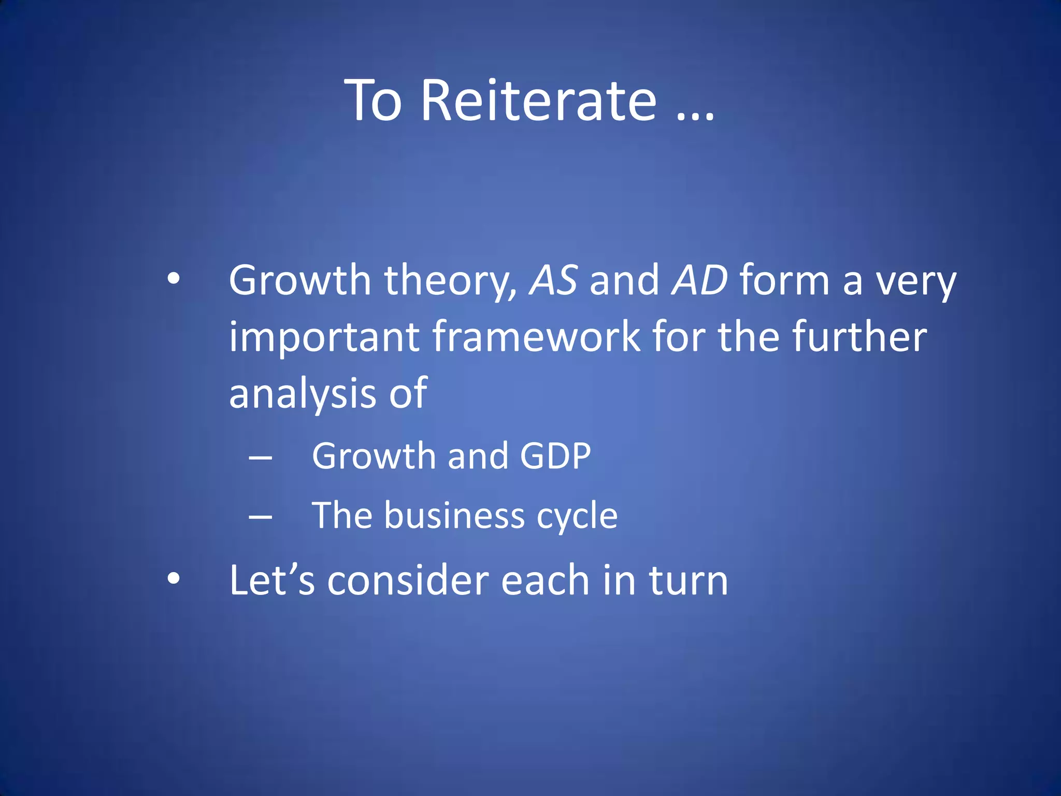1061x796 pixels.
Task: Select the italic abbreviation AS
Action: point(553,280)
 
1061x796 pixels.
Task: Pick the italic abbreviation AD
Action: point(699,280)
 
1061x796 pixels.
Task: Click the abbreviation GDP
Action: point(555,456)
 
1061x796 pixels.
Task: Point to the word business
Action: point(454,516)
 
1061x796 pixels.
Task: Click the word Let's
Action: point(272,580)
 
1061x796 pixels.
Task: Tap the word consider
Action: point(408,580)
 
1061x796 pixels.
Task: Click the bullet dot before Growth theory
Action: point(174,280)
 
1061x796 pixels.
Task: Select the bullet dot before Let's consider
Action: point(174,578)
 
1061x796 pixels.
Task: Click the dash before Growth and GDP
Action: point(261,458)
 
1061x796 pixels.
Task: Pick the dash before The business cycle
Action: point(261,517)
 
